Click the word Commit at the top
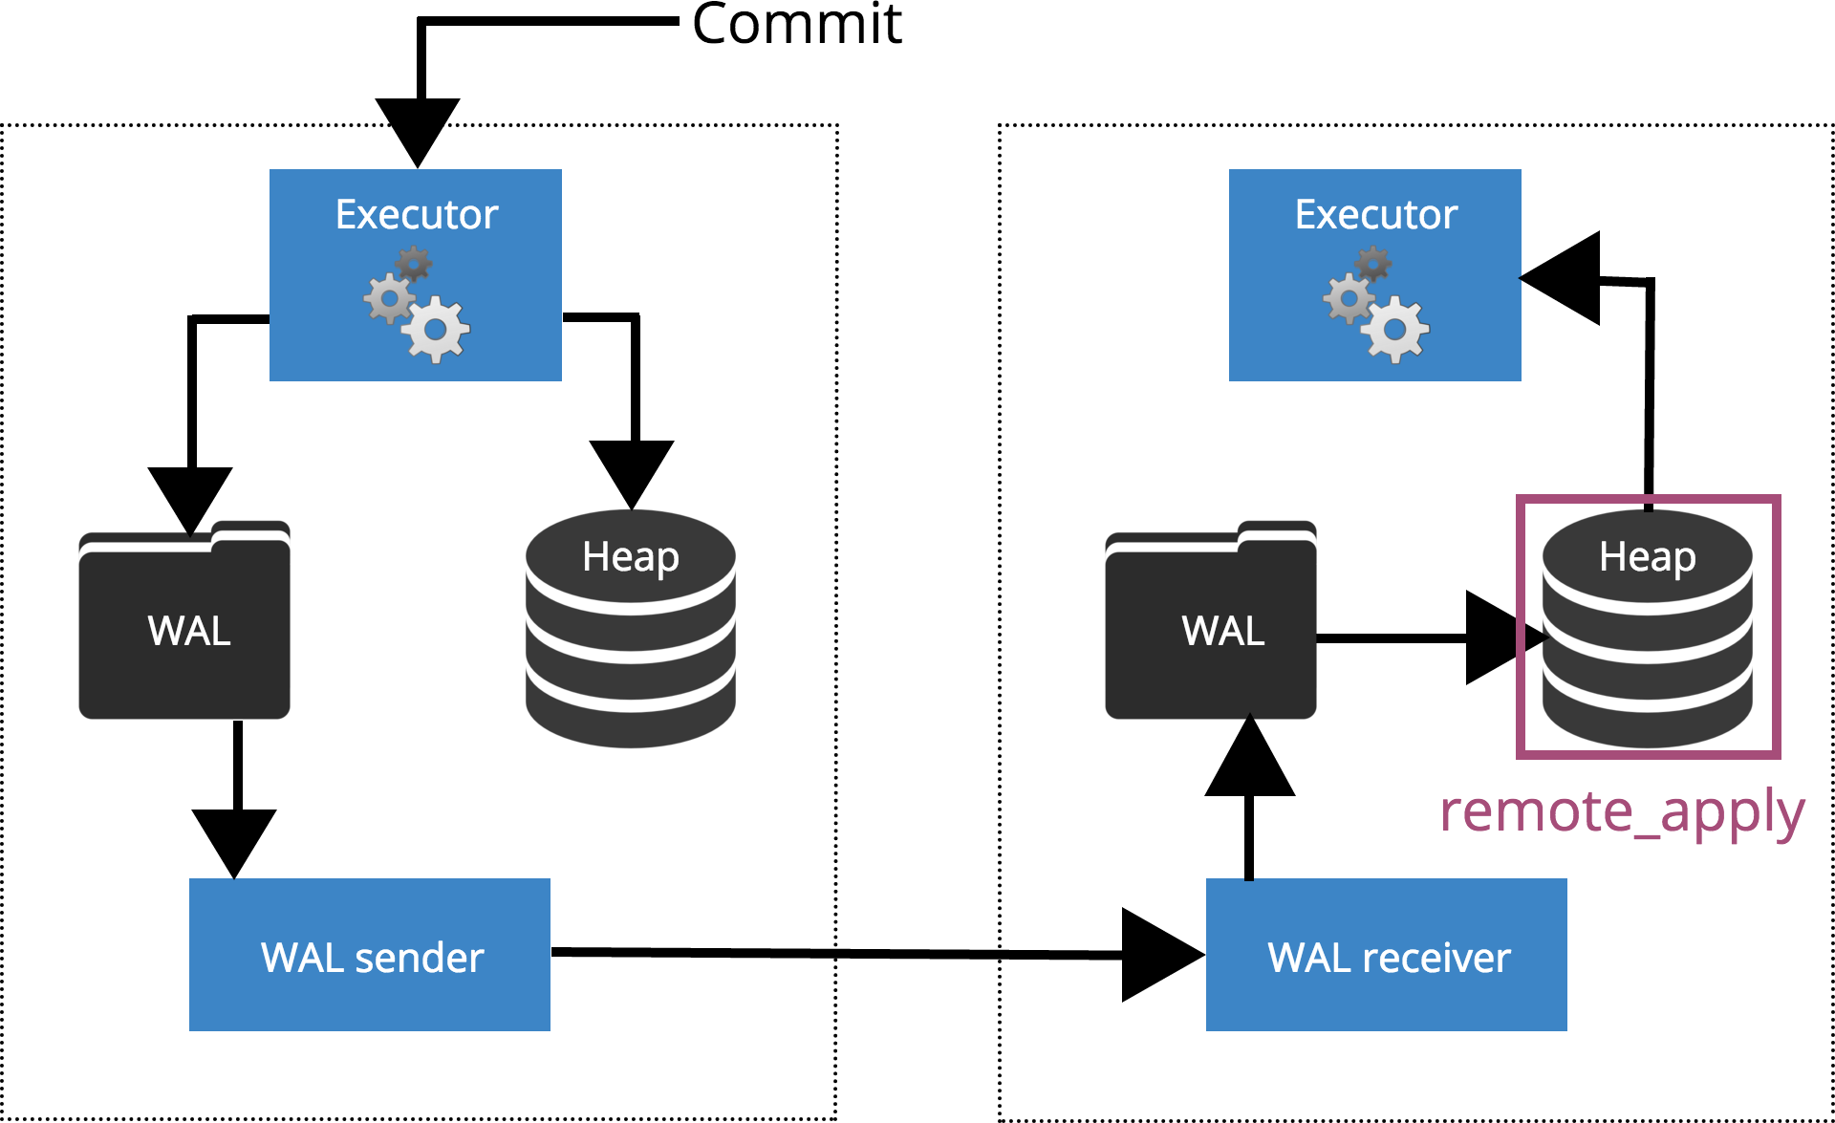[796, 24]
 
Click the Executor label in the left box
[417, 214]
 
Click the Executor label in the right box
[1376, 214]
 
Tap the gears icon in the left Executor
[418, 305]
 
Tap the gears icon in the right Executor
[1377, 305]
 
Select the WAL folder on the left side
[184, 626]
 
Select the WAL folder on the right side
[1211, 626]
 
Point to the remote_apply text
[1622, 811]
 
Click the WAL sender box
[370, 955]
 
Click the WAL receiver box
[1386, 955]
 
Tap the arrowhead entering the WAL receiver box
[1157, 955]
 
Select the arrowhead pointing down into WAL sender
[234, 838]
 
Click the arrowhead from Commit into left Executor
[418, 128]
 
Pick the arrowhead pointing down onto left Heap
[632, 469]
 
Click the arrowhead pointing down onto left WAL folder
[190, 496]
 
